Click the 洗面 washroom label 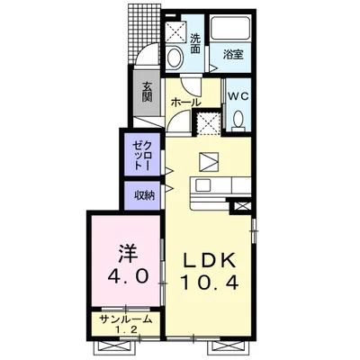click(195, 44)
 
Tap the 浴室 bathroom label click(233, 54)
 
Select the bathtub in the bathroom click(229, 28)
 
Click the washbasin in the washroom click(175, 58)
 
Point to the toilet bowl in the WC click(238, 120)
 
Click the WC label click(238, 96)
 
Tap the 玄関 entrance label click(147, 92)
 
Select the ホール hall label click(185, 103)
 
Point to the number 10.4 click(209, 283)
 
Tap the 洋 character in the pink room click(128, 253)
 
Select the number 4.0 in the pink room click(128, 275)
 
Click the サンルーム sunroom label click(126, 319)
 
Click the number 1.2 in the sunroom click(127, 330)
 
